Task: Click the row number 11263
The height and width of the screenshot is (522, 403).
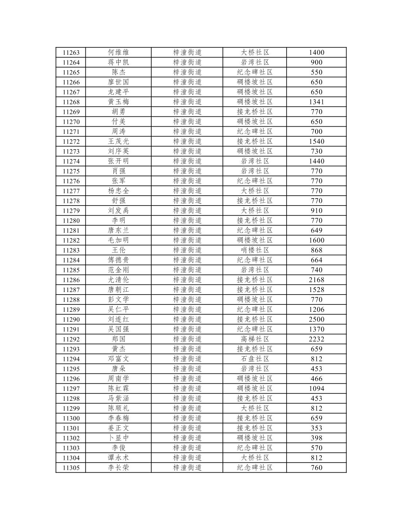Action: pos(71,53)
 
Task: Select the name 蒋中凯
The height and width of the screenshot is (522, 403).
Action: pos(118,62)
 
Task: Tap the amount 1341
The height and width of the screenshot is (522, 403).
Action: pos(316,102)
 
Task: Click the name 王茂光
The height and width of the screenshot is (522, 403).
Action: pos(118,141)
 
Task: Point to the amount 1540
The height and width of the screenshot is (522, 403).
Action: pos(316,141)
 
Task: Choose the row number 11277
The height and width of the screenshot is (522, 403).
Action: pos(71,191)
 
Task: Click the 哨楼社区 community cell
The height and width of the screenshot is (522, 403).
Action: pos(255,250)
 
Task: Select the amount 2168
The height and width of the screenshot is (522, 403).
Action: pos(316,280)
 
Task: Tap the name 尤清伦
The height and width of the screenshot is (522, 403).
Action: pos(118,280)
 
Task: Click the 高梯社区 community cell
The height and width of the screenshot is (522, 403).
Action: pos(255,339)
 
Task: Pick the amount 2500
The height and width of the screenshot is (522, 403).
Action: pos(316,319)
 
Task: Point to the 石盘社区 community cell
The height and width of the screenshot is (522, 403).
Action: pos(255,359)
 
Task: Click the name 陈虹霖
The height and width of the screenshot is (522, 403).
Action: pos(118,388)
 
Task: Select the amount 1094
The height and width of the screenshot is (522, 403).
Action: pos(316,388)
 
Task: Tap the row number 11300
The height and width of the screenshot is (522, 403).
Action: pos(71,418)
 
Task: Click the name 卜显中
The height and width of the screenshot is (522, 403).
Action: pos(118,438)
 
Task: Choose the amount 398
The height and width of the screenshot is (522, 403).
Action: pos(316,438)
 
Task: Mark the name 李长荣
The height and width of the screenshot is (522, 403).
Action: pos(118,468)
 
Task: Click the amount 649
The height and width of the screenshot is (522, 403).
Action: pos(316,230)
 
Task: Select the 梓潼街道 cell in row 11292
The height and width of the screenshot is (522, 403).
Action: pos(187,339)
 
